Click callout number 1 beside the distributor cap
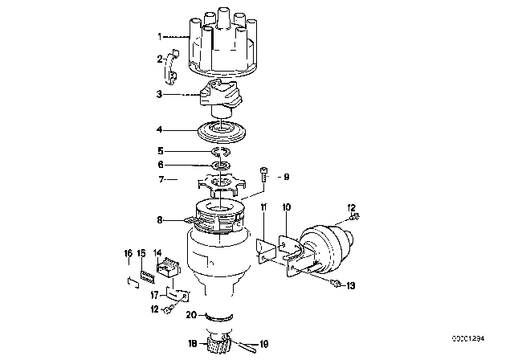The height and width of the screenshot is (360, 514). (x=160, y=37)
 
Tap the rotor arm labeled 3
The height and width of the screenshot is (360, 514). (x=220, y=97)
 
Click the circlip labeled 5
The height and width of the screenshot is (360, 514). (x=222, y=152)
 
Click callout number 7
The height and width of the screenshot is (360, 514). (x=161, y=179)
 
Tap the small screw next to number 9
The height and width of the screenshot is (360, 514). (x=264, y=175)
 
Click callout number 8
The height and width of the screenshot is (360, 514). (x=160, y=219)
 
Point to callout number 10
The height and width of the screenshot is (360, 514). (x=286, y=207)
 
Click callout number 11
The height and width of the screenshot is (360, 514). (x=263, y=207)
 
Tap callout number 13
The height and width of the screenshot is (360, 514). (x=350, y=286)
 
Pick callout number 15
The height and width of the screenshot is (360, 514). (x=141, y=253)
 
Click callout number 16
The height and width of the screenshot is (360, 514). (x=128, y=253)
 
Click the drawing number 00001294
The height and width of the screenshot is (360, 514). (x=468, y=338)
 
